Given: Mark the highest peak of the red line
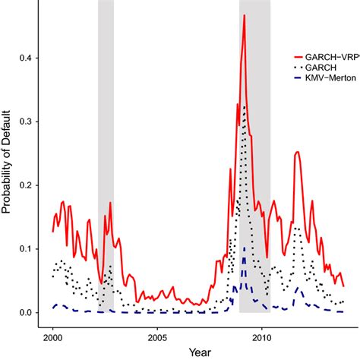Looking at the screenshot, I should click(245, 15).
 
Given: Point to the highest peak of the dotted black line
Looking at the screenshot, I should click(244, 106).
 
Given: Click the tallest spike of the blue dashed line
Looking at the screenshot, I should click(244, 248).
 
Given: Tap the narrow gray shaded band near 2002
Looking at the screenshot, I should click(106, 152).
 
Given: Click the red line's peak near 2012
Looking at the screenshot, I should click(297, 152).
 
